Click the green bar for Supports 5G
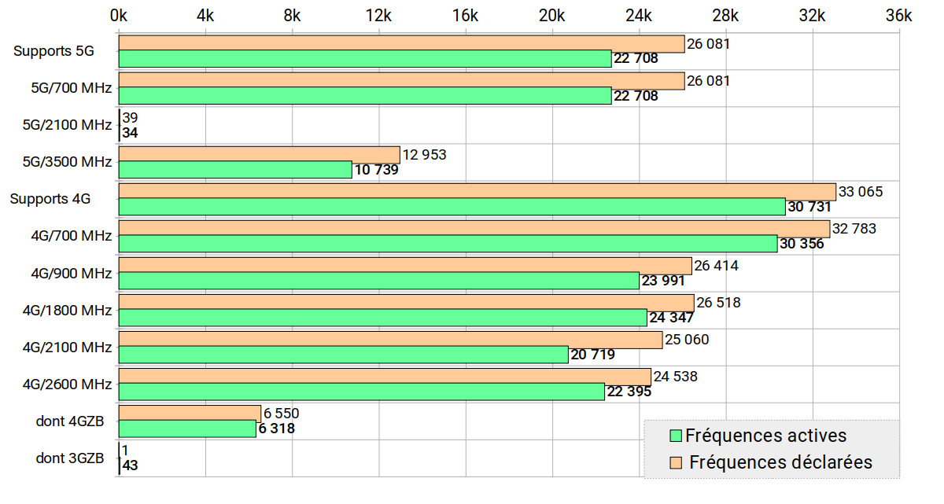click(x=365, y=58)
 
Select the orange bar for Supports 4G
click(x=477, y=191)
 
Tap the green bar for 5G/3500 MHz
click(x=235, y=169)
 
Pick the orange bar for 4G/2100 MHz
click(x=390, y=340)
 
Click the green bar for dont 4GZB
click(x=187, y=429)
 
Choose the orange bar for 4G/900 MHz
click(x=405, y=266)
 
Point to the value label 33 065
click(x=861, y=191)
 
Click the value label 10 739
click(x=376, y=170)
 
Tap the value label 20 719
click(x=592, y=355)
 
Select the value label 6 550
click(x=281, y=414)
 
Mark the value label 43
click(x=131, y=465)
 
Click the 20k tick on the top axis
click(x=551, y=15)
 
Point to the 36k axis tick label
click(x=898, y=15)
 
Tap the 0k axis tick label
click(x=119, y=15)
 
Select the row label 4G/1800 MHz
click(x=67, y=310)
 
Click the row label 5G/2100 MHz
click(x=67, y=125)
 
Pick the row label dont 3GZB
click(x=69, y=458)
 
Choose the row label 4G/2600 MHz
click(x=67, y=384)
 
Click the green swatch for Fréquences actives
click(x=675, y=436)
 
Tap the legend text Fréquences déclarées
click(x=780, y=462)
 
